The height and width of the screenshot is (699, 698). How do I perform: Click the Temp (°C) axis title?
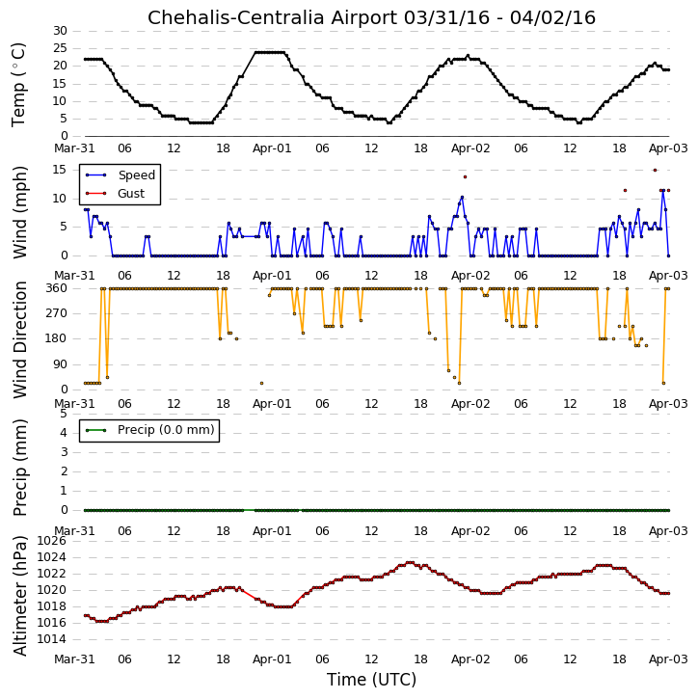tap(18, 85)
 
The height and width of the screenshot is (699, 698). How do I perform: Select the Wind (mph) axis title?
tap(19, 212)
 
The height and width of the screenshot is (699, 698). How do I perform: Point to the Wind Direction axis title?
tap(19, 339)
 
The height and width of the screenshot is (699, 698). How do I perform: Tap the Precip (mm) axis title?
tap(19, 468)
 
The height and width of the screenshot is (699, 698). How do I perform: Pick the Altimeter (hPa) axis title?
tap(19, 596)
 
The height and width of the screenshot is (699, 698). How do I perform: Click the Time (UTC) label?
tap(371, 680)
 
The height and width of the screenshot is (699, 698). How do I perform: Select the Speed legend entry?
tap(136, 175)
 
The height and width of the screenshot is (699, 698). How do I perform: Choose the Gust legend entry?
tap(131, 194)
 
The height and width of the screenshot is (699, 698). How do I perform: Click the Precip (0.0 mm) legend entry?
tap(166, 430)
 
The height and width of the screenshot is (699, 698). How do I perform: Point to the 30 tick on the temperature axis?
tap(60, 31)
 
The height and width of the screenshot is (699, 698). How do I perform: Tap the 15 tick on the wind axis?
tap(60, 170)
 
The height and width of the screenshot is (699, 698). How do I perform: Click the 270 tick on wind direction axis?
tap(57, 313)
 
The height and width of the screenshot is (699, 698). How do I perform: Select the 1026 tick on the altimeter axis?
tap(52, 541)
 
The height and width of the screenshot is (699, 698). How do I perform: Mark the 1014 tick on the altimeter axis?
tap(52, 639)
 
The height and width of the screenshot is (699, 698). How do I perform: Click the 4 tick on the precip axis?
tap(64, 433)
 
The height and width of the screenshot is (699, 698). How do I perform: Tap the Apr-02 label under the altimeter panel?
tap(470, 659)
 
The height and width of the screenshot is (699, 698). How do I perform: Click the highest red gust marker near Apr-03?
tap(655, 171)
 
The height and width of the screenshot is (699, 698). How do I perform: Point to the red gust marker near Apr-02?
tap(465, 177)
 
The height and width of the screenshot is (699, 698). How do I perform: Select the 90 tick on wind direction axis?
tap(60, 364)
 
